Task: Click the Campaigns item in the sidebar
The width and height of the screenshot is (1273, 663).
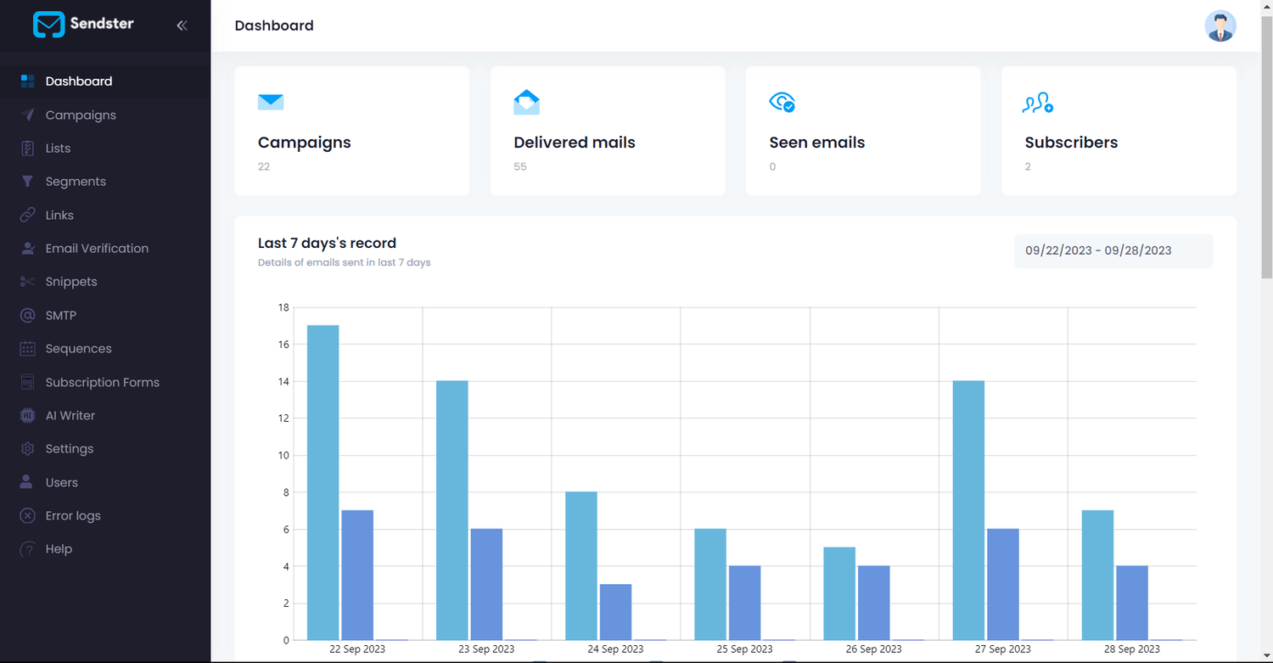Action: coord(80,115)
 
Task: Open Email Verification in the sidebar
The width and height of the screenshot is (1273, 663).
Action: coord(96,248)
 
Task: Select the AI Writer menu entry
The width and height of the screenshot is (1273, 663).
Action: coord(70,415)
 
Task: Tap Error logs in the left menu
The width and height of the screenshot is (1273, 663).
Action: coord(72,515)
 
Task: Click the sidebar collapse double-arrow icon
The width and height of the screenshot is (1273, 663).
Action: coord(182,25)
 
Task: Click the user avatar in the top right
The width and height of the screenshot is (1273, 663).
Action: coord(1220,26)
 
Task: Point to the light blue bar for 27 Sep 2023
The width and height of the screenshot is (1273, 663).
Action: coord(968,509)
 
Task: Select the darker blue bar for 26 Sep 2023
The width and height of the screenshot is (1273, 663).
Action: coord(873,602)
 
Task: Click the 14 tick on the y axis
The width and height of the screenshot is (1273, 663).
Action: coord(283,382)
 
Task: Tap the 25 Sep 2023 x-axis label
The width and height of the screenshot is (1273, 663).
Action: coord(744,649)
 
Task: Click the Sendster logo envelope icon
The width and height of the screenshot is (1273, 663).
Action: coord(48,25)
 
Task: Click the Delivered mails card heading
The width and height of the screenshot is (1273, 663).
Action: coord(574,143)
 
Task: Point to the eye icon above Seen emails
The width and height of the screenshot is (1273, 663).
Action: coord(781,103)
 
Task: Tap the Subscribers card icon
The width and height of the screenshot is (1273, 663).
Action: coord(1038,103)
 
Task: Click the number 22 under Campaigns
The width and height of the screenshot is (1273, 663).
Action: coord(264,166)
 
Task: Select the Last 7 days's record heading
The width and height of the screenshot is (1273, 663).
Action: coord(327,243)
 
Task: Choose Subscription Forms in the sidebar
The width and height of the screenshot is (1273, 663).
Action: coord(102,382)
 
